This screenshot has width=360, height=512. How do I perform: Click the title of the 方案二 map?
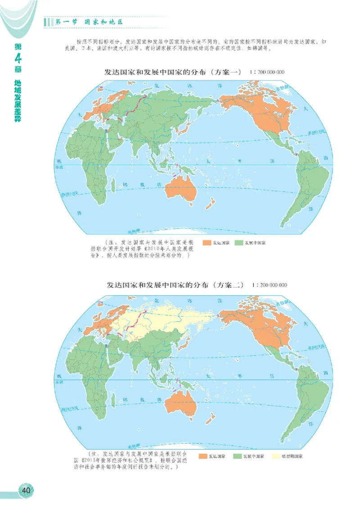click(175, 285)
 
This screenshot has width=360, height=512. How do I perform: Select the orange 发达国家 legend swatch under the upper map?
click(207, 243)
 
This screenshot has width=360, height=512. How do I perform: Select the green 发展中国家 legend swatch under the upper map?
click(238, 243)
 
